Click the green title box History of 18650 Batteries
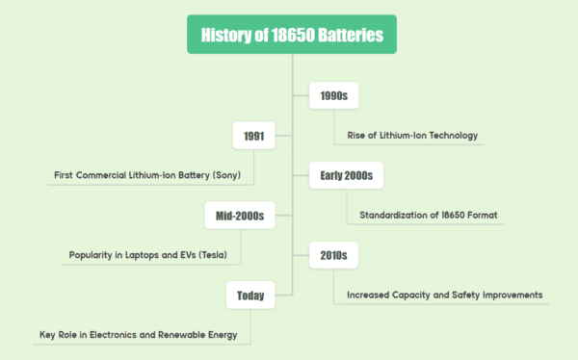point(292,36)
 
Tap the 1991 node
point(254,137)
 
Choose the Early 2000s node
point(346,175)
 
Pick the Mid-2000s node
point(240,217)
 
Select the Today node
point(250,295)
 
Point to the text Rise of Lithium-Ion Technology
point(412,135)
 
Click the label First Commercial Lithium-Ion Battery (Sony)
point(154,175)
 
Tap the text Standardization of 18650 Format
point(424,215)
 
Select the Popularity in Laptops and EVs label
point(153,255)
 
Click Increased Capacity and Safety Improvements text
point(444,294)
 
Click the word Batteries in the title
point(348,36)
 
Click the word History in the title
point(223,36)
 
